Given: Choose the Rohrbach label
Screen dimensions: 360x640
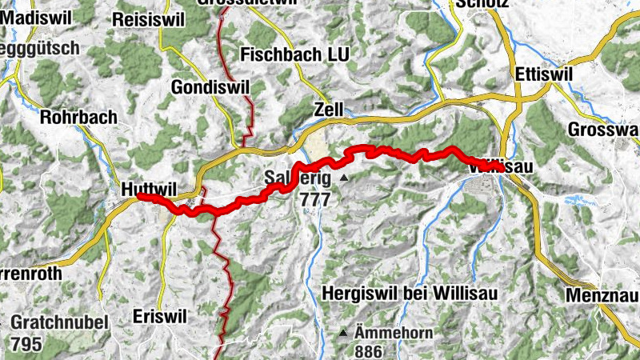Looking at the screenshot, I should point(78,116).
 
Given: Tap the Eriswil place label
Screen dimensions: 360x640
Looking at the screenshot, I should point(160,316).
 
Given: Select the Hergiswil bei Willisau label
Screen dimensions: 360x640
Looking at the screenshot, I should point(410,294).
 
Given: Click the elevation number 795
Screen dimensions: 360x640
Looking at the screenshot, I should point(26,345).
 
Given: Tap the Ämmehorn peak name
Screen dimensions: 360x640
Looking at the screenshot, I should point(388,331).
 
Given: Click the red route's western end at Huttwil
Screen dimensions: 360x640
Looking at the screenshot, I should point(139,195).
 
